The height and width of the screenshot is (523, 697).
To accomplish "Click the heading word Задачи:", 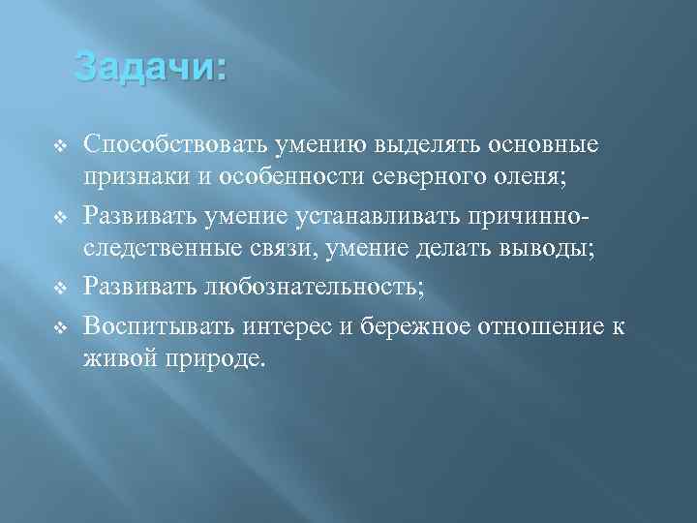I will [x=150, y=69].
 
